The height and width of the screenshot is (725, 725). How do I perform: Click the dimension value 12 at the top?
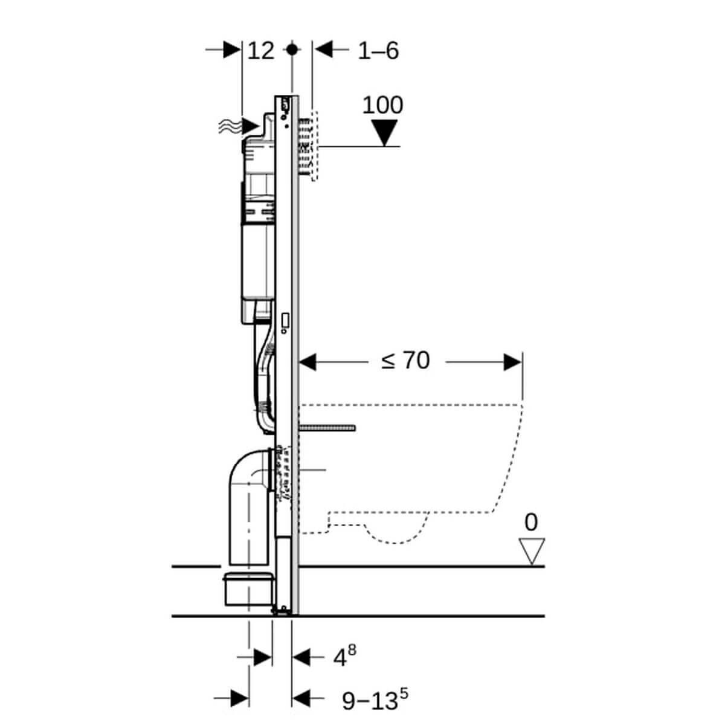[x=261, y=51]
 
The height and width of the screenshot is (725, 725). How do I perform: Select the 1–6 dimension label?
[x=378, y=51]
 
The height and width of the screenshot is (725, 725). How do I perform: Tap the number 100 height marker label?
[x=382, y=105]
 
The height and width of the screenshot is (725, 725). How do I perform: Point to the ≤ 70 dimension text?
[x=405, y=361]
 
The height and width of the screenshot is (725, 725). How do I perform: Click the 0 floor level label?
[x=531, y=522]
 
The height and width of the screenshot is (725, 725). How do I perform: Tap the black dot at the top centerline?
[x=292, y=50]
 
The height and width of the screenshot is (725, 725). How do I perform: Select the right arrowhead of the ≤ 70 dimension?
[x=513, y=362]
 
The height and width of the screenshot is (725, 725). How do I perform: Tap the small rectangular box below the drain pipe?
[x=248, y=589]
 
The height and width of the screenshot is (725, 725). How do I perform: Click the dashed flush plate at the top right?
[x=314, y=145]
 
